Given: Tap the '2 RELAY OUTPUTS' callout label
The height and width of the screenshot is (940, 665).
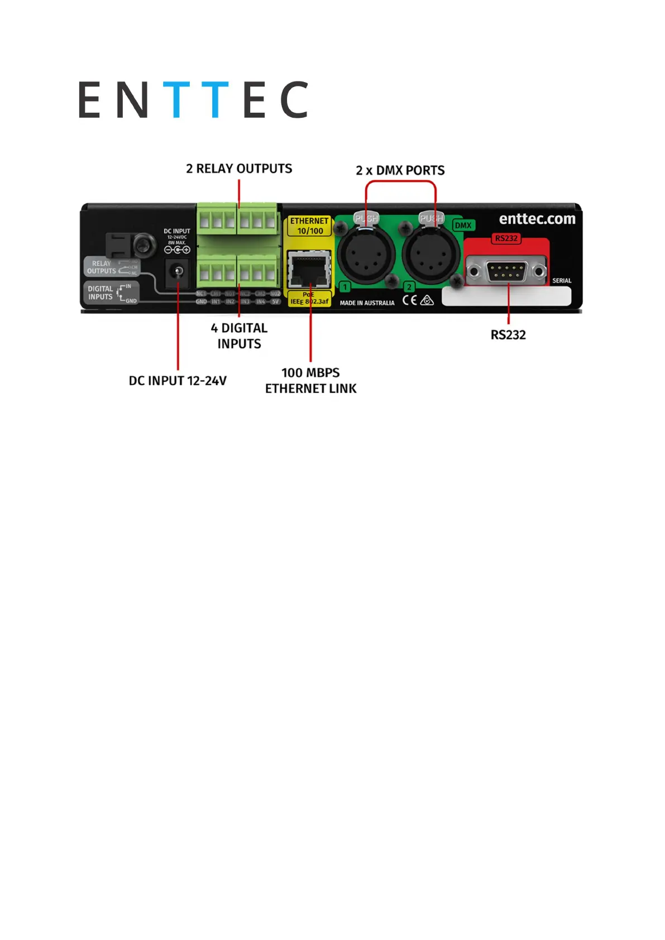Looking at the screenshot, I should tap(239, 169).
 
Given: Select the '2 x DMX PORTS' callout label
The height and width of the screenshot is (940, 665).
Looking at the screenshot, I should tap(400, 170).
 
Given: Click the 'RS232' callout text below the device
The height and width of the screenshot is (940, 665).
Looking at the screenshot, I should tap(508, 335).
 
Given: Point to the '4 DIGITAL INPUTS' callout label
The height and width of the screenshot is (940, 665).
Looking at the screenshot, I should tap(239, 336).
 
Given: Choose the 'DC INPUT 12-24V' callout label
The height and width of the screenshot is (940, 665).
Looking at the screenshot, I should tap(178, 381).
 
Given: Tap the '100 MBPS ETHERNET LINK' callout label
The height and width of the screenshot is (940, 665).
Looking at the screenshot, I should tap(310, 381).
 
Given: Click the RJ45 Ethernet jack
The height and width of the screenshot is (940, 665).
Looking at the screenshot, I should tap(309, 270).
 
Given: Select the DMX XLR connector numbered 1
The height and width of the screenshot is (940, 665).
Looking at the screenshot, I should tap(366, 255).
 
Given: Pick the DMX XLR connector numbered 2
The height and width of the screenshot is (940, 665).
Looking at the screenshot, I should tap(430, 255).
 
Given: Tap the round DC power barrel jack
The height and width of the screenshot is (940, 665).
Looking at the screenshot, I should tap(178, 272).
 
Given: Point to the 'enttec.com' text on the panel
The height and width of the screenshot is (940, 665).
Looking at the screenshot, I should tap(537, 219).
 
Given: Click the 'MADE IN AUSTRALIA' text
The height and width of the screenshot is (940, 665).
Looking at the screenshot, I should tap(367, 303).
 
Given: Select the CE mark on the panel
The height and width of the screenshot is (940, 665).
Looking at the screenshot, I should tap(409, 300).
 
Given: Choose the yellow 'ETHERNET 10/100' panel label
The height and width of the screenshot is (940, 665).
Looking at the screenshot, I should tap(310, 226).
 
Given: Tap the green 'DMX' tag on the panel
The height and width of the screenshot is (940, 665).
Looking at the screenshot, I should tap(463, 226).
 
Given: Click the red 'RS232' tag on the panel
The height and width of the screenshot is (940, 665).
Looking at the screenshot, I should tap(506, 238).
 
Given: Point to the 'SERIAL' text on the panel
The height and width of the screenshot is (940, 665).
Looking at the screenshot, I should tap(561, 281).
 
